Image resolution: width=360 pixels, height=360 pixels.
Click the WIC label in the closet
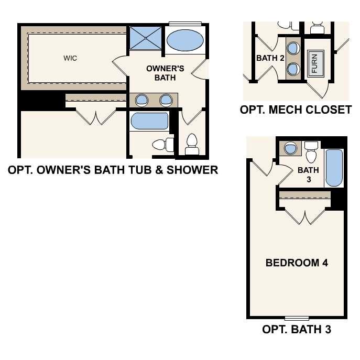70,58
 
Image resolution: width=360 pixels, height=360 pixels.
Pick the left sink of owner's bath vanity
141,100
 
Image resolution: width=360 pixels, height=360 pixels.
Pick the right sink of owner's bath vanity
166,100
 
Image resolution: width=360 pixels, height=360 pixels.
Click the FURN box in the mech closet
314,64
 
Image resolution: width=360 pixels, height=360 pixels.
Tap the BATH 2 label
270,58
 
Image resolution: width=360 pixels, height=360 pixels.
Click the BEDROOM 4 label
297,263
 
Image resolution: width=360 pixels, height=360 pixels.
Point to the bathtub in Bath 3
334,168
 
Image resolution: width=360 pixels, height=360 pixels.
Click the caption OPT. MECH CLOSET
296,110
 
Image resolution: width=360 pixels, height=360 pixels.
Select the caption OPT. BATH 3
296,330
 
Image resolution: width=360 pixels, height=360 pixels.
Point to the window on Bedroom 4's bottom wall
297,318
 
